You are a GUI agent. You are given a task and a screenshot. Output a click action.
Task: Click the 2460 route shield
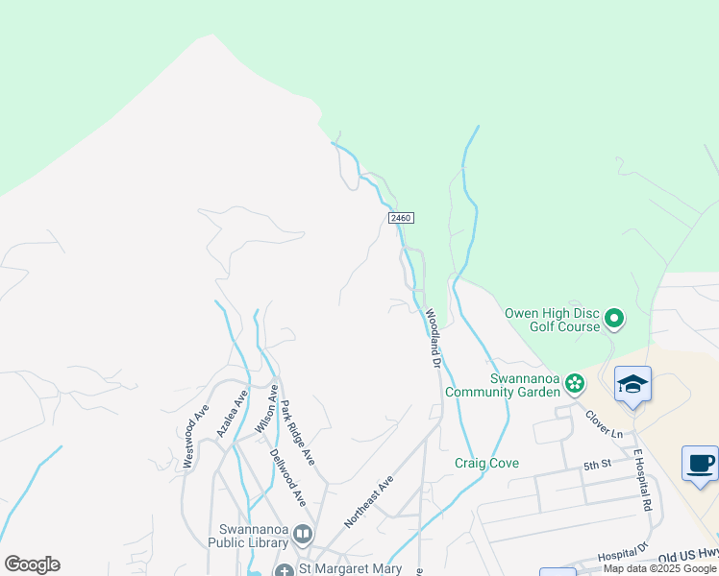(x=401, y=219)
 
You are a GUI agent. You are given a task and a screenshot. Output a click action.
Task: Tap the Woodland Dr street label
(x=433, y=339)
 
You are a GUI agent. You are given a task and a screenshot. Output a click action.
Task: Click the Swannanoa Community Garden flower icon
(x=575, y=384)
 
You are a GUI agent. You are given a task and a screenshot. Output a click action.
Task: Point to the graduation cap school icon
(x=632, y=384)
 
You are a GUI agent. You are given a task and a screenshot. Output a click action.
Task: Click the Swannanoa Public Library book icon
(x=303, y=534)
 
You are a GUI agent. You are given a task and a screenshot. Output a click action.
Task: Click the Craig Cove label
(x=486, y=463)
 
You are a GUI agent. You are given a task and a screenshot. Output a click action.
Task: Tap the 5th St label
(x=597, y=466)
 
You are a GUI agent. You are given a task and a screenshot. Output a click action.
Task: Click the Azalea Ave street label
(x=232, y=414)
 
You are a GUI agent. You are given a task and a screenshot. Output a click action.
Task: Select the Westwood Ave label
(x=195, y=436)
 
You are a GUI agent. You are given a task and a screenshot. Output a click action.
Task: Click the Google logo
(x=32, y=564)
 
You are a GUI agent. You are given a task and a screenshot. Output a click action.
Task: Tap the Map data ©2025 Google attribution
(x=659, y=568)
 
